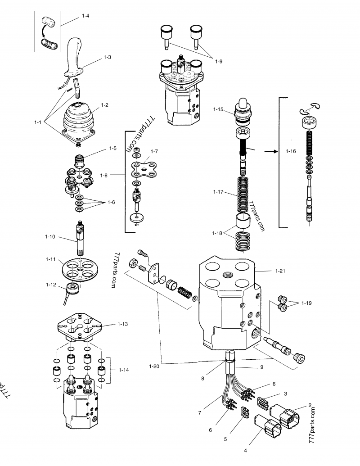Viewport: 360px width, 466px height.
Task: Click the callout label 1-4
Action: click(x=85, y=16)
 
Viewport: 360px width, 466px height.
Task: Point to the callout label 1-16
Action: click(x=291, y=151)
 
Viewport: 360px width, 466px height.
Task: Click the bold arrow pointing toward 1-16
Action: click(x=270, y=152)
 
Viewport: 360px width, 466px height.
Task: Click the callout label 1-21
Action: click(x=279, y=271)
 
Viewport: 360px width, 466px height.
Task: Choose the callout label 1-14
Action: click(x=124, y=370)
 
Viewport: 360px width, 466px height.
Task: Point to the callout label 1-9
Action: click(x=218, y=61)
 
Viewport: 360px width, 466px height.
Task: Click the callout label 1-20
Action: click(x=154, y=366)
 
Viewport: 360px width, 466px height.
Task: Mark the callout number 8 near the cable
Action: click(x=203, y=379)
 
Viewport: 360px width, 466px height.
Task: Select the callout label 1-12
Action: click(x=50, y=284)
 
